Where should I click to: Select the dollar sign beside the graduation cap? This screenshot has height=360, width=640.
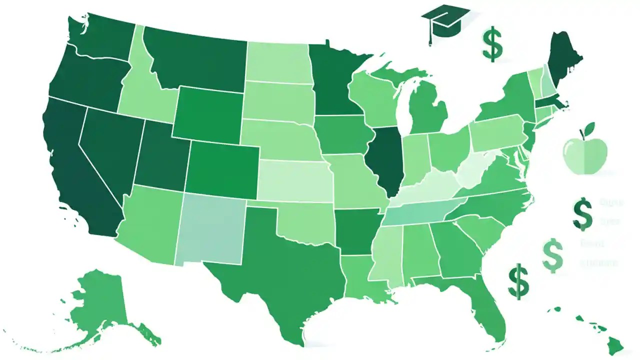[492, 45]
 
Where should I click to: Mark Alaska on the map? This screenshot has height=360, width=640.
[100, 300]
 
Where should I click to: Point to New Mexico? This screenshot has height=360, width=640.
[210, 230]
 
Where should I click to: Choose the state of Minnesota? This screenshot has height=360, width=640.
[332, 80]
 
